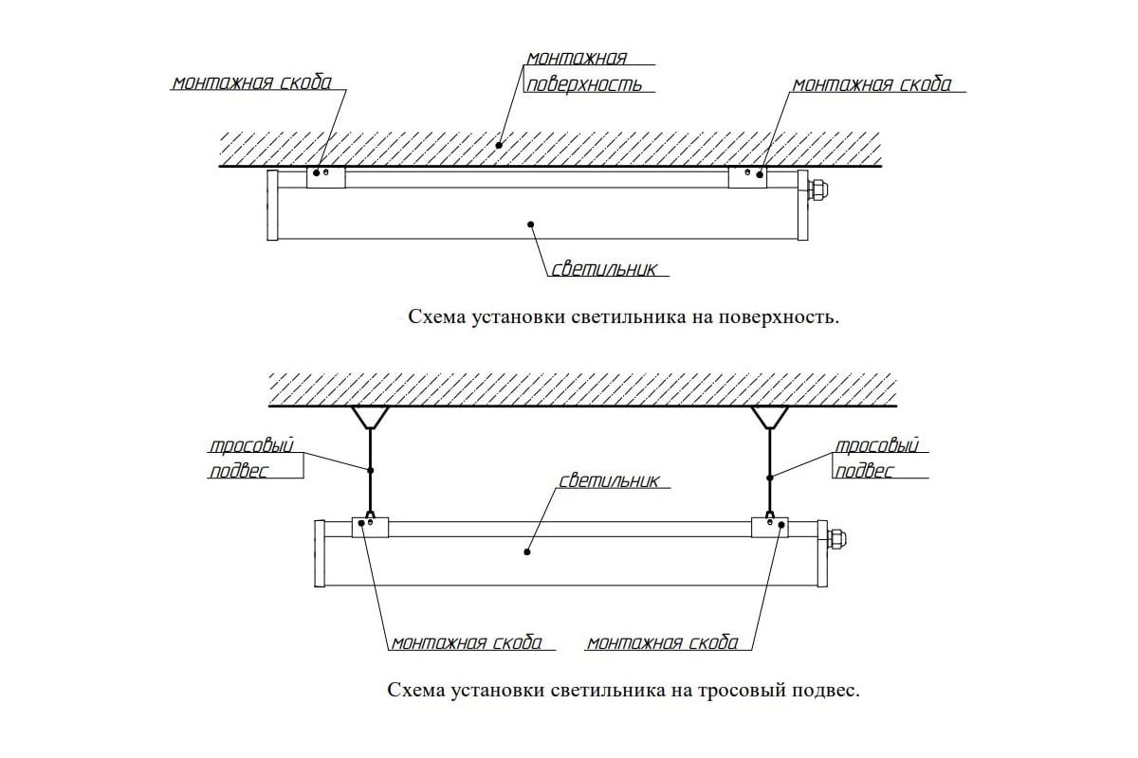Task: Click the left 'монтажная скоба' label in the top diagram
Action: [251, 82]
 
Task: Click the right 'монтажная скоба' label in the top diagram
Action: [872, 84]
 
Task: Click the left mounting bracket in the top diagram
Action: [325, 177]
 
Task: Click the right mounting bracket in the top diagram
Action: [747, 177]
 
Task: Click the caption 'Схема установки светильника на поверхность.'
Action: [623, 316]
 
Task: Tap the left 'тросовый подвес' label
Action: [251, 458]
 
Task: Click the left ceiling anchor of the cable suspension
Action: [370, 417]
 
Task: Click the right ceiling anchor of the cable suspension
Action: [770, 417]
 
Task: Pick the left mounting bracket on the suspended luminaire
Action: [371, 527]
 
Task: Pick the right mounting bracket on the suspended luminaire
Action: [770, 527]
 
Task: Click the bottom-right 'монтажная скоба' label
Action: [662, 642]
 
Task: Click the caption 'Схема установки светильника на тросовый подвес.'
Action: [623, 690]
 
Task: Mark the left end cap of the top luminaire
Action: [272, 206]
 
